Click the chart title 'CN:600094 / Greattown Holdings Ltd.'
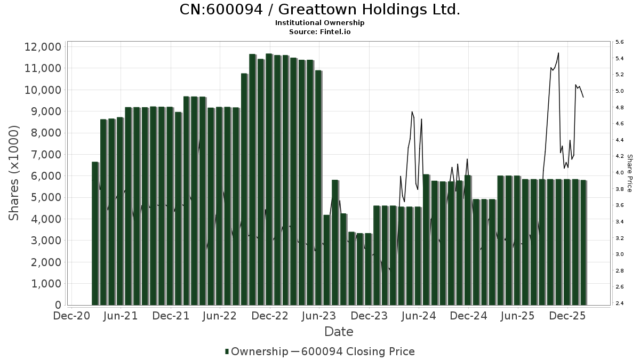(320, 10)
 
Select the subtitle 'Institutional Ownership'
(320, 23)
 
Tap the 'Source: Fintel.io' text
(320, 32)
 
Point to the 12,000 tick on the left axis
(43, 47)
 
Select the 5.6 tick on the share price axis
(620, 42)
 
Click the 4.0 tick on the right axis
(620, 173)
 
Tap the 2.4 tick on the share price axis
(620, 303)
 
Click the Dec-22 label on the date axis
(270, 316)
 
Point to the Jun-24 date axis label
(419, 316)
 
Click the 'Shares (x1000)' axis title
(14, 173)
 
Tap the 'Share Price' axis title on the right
(629, 173)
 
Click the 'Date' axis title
(339, 332)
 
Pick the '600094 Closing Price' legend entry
(357, 351)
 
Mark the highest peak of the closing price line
(558, 53)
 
